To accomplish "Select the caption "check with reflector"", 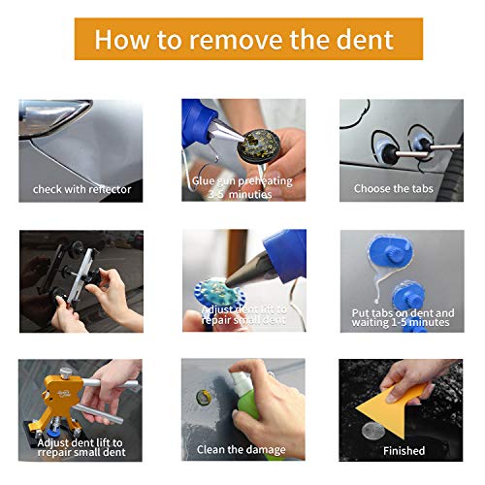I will [x=81, y=188].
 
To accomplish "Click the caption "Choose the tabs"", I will [x=393, y=188].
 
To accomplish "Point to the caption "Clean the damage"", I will [x=242, y=448].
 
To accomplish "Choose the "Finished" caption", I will [x=403, y=449].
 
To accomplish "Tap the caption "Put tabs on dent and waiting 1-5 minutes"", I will [x=402, y=318].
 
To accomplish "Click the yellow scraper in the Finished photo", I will [x=400, y=398].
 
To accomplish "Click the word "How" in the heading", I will [x=122, y=40].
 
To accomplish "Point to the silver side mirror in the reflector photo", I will [x=48, y=124].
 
